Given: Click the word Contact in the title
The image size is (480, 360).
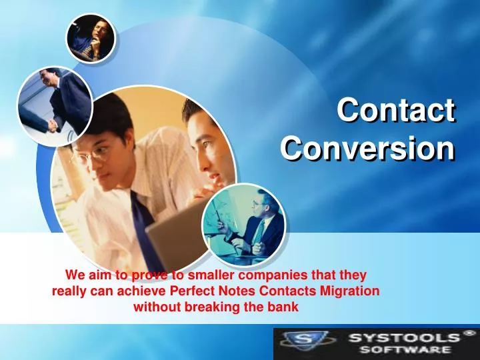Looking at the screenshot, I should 395,109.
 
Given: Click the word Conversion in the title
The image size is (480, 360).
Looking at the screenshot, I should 367,147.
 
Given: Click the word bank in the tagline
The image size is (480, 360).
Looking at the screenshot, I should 285,307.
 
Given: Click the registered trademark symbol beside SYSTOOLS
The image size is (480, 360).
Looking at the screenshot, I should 470,332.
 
